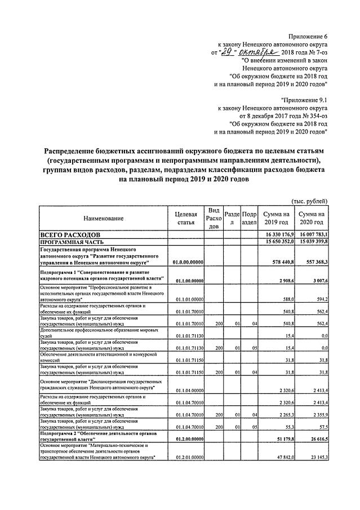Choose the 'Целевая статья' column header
[185, 218]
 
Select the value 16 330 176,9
[275, 233]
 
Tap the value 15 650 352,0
[275, 241]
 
